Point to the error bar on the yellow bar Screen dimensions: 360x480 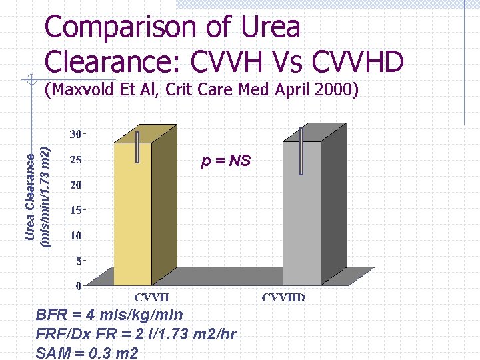click(137, 147)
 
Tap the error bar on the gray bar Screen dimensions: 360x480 click(302, 152)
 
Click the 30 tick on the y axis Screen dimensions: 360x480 click(77, 134)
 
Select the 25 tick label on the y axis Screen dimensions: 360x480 click(77, 160)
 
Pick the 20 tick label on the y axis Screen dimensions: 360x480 click(77, 185)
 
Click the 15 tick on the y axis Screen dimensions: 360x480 click(77, 210)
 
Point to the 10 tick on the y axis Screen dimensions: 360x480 click(77, 235)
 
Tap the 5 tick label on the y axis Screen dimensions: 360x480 click(79, 261)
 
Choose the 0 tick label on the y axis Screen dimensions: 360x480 click(79, 286)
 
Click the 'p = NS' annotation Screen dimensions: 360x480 click(226, 161)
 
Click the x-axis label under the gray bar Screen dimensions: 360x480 click(283, 297)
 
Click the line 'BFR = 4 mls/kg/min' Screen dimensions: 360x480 click(109, 315)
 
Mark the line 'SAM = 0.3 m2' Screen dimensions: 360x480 click(87, 353)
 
